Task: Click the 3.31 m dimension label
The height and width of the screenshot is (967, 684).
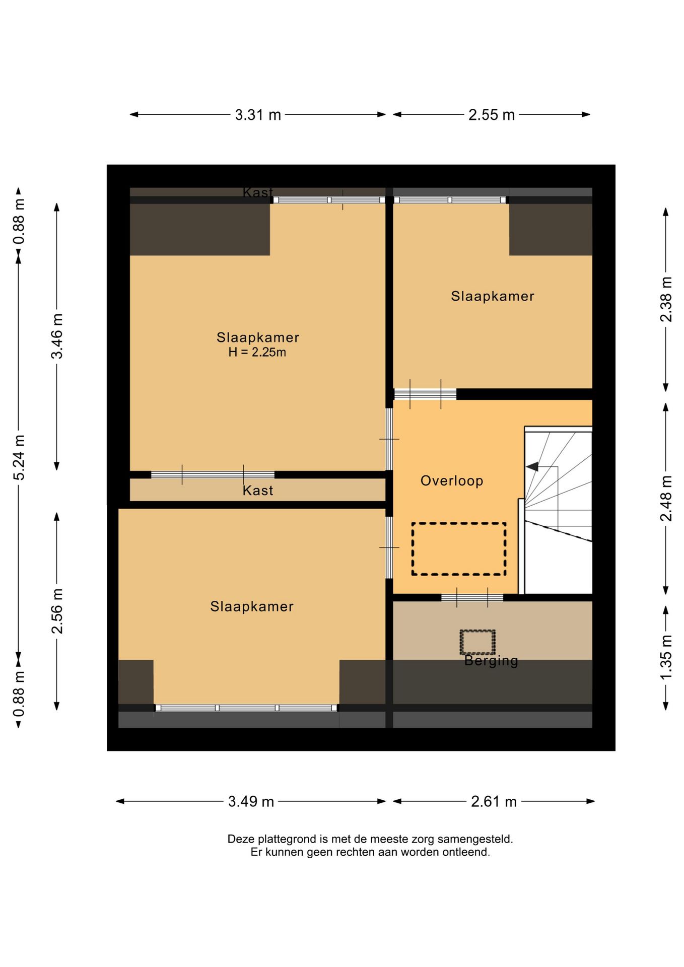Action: [x=257, y=115]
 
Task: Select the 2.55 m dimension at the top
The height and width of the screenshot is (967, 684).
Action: [x=491, y=115]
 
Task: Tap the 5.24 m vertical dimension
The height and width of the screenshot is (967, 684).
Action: [x=19, y=457]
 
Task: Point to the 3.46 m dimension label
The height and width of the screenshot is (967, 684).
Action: [x=57, y=336]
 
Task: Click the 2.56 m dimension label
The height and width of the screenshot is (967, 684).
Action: [x=57, y=611]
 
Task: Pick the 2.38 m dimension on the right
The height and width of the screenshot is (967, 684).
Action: [x=666, y=299]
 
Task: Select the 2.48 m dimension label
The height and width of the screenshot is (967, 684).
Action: [x=666, y=498]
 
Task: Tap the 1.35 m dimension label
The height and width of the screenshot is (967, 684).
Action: [x=666, y=657]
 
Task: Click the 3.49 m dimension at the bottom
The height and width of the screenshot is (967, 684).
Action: [x=251, y=801]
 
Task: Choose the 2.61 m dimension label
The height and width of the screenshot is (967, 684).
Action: [x=494, y=801]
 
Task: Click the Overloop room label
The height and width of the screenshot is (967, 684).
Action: [x=452, y=481]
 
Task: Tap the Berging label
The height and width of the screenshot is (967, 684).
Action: [x=491, y=660]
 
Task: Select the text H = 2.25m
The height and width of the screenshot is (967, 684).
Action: [x=257, y=353]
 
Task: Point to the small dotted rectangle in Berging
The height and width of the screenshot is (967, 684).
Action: [x=477, y=642]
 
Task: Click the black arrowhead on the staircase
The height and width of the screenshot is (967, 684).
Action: [x=532, y=467]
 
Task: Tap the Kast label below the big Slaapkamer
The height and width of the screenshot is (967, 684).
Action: [x=257, y=491]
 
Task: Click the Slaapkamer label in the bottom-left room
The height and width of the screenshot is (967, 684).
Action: [x=252, y=606]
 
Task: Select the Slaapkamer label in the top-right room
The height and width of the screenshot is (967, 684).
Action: [x=492, y=296]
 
